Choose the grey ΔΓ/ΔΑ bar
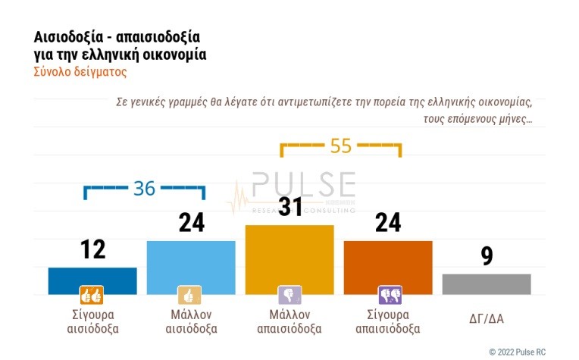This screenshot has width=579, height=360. click(486, 283)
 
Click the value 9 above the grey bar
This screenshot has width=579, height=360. click(487, 255)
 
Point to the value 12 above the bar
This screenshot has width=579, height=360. click(92, 249)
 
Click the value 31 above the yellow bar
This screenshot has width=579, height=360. click(289, 206)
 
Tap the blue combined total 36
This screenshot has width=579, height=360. click(144, 188)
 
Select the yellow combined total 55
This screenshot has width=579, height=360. click(341, 146)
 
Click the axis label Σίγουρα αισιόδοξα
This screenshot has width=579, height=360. click(92, 321)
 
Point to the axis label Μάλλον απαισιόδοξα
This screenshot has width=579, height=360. click(289, 321)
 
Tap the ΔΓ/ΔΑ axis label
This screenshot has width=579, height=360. click(486, 318)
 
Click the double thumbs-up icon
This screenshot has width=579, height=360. click(92, 295)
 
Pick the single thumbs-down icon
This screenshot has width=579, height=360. click(289, 295)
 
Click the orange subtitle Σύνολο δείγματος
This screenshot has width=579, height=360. click(80, 73)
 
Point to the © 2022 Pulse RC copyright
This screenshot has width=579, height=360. click(527, 352)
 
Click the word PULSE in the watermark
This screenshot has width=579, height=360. click(303, 185)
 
